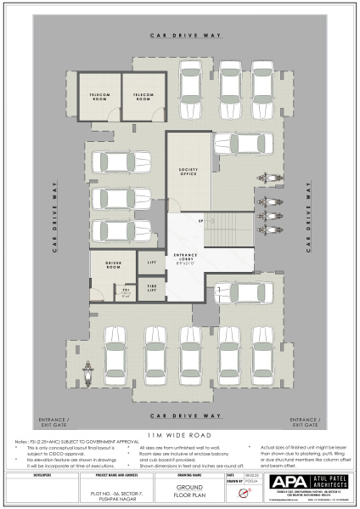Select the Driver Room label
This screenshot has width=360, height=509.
coord(113,264)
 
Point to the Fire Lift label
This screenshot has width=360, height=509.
coord(152,289)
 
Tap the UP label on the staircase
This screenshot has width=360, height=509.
coord(200,222)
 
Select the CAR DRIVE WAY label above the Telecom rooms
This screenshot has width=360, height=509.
coord(185,36)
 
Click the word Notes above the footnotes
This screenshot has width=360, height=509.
coord(21,442)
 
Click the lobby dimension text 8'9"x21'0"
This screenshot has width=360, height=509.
coord(185,263)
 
